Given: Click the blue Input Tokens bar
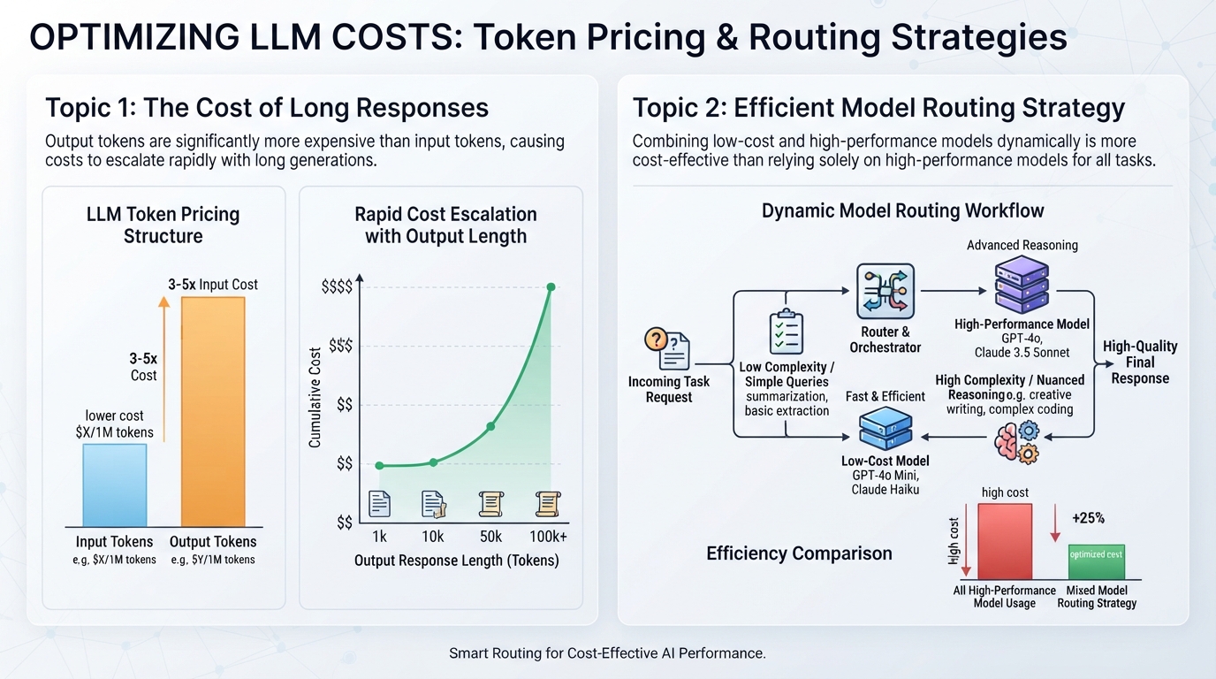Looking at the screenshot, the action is point(115,485).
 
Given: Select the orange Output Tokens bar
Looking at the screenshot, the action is point(213,412).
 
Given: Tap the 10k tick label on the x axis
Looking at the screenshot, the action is point(433,537).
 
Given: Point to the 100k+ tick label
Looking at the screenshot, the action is point(548,537).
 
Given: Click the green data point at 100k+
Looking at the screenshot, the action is point(551,286).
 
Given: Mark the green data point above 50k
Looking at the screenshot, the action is point(490,426).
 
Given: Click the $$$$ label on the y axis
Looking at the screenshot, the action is point(337,286).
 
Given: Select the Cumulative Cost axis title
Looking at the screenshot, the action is point(315,398).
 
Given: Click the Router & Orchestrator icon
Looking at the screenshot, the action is point(885,291).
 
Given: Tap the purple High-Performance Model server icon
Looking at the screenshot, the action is point(1022,285).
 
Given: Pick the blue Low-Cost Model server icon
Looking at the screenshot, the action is point(885,428).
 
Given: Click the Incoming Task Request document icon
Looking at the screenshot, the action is point(667,348).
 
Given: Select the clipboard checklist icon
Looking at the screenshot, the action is point(787,332).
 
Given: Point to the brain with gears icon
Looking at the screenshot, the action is point(1017,443).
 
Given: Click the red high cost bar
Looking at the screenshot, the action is point(1005,541).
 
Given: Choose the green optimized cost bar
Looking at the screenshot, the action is point(1097,561).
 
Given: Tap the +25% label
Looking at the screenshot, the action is point(1089,518).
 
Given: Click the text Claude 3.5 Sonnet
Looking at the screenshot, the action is point(1022,353).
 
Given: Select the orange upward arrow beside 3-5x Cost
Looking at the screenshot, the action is point(164,369).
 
